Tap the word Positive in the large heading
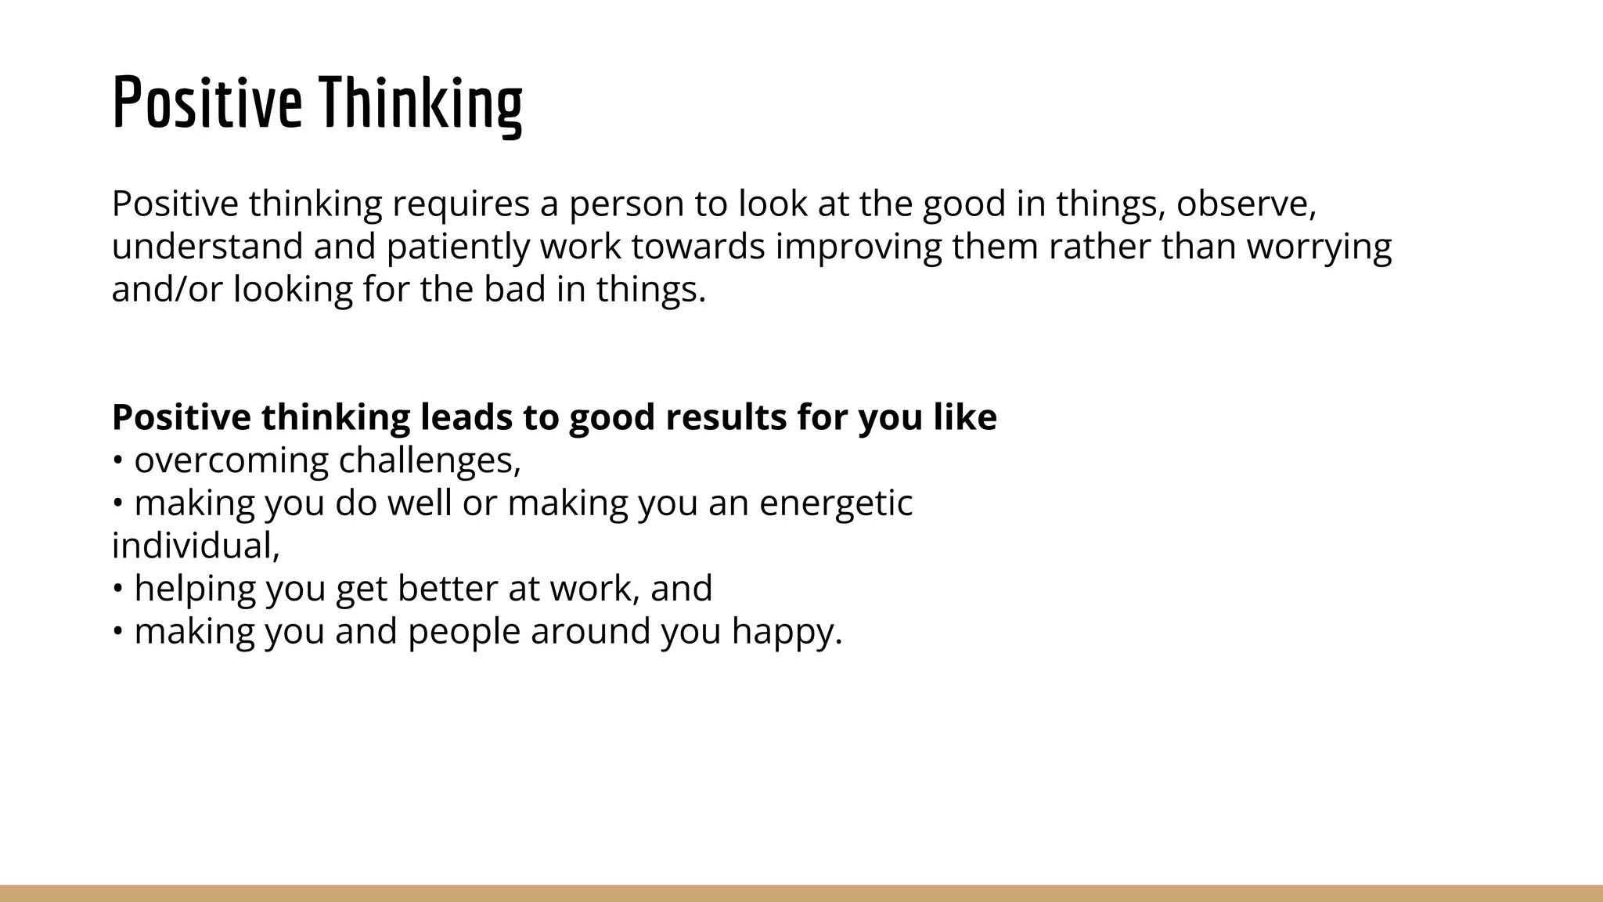(207, 103)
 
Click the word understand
(207, 247)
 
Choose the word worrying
(1318, 247)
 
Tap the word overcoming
(231, 460)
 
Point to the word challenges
(429, 460)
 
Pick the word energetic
(835, 503)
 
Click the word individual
(195, 546)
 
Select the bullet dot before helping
(117, 589)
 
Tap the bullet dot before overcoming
(117, 460)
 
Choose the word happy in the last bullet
(785, 632)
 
